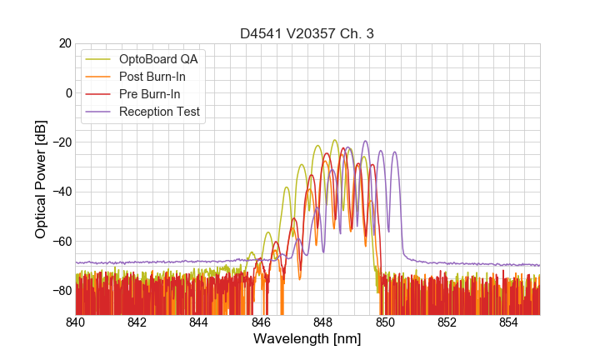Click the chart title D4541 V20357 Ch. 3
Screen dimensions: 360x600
307,34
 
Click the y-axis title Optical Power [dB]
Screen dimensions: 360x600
41,178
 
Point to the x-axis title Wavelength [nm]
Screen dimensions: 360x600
307,339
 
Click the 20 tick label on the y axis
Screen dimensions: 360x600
63,43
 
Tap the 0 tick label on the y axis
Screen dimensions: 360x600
67,92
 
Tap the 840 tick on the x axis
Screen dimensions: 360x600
76,322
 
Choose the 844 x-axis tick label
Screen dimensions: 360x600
199,322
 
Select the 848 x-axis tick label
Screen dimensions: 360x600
323,322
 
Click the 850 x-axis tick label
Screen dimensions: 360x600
385,322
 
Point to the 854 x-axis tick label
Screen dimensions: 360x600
509,322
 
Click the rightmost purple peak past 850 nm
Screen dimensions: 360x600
394,152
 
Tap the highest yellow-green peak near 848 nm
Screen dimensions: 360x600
334,140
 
